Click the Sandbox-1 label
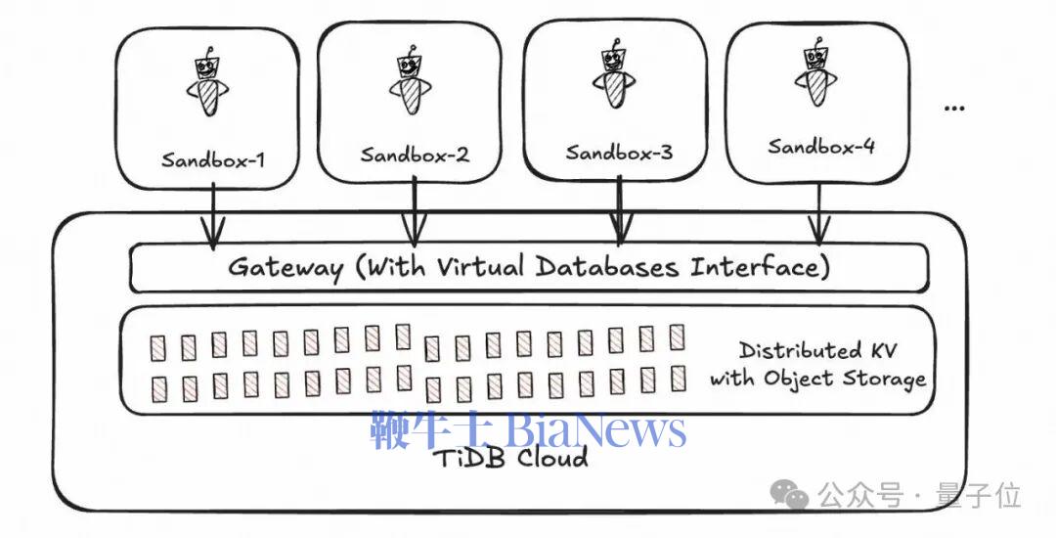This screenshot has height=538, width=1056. (213, 159)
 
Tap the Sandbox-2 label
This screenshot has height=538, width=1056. (415, 155)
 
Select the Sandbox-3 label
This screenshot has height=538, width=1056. (619, 153)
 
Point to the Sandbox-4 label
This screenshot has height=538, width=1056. (821, 146)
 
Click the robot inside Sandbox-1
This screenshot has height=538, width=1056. (208, 83)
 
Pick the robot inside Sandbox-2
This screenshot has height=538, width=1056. (410, 80)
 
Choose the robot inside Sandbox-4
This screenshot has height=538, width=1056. (816, 72)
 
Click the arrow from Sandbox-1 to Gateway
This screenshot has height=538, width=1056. (213, 214)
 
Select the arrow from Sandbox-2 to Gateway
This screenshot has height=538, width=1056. (415, 210)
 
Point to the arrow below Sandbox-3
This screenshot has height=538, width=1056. (620, 208)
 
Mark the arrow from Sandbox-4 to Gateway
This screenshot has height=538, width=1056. (819, 213)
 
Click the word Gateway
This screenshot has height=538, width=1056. (286, 269)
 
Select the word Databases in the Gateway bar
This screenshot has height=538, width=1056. (607, 268)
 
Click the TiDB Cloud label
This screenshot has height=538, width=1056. (509, 459)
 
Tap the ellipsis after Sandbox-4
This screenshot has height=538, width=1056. (954, 108)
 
